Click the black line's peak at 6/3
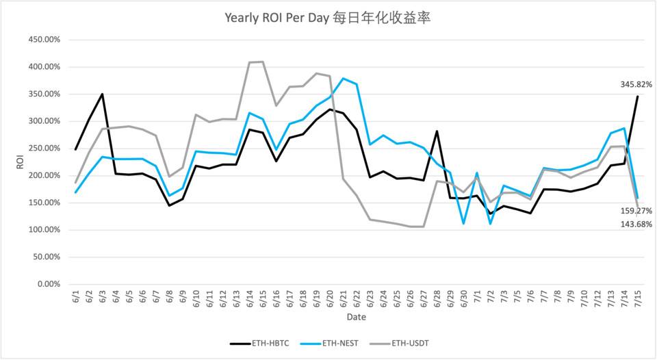click(102, 94)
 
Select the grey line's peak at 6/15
click(263, 62)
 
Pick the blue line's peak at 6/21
click(343, 79)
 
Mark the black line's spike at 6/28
click(437, 131)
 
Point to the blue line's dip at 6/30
click(463, 224)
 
